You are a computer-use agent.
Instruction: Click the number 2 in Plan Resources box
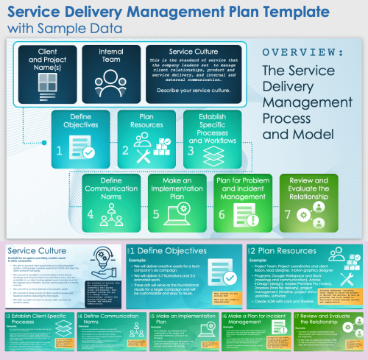pyautogui.click(x=125, y=151)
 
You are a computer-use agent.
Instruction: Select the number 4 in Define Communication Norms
pyautogui.click(x=91, y=214)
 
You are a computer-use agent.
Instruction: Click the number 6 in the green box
pyautogui.click(x=222, y=214)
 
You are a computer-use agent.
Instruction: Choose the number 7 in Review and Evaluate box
pyautogui.click(x=288, y=214)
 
